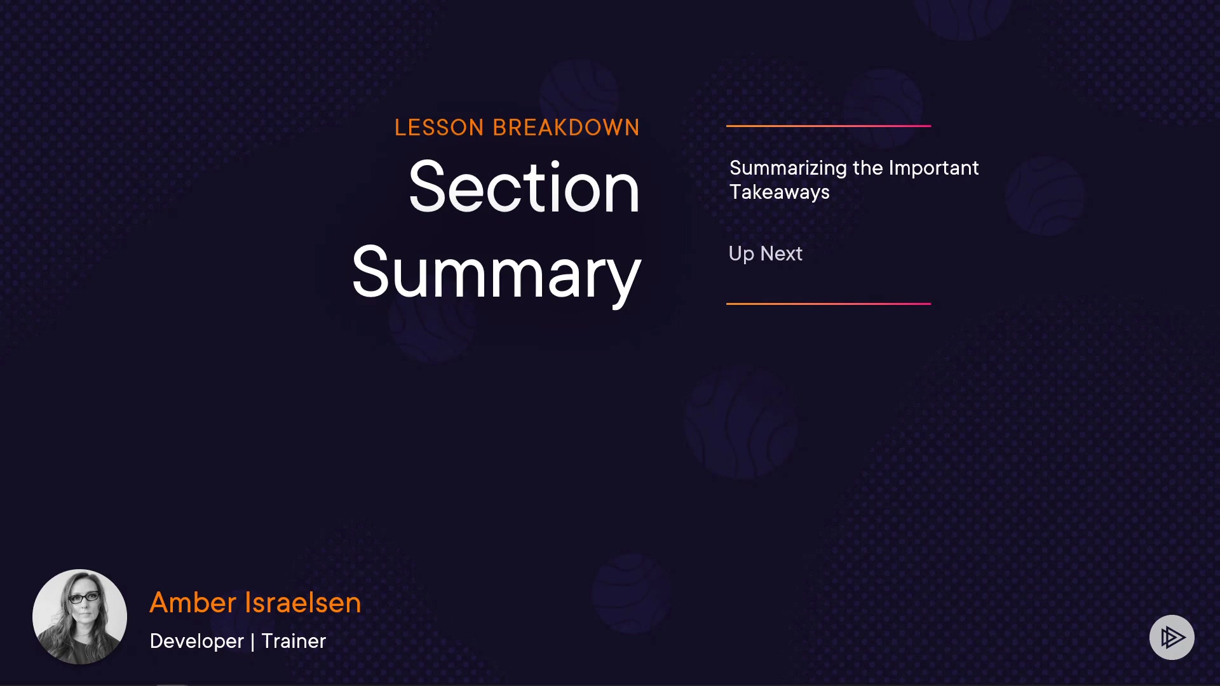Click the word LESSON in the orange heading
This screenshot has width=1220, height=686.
439,128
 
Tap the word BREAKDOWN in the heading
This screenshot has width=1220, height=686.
566,128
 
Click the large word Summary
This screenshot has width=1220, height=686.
496,274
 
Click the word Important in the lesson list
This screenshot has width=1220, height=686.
933,169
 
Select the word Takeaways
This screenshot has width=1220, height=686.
780,192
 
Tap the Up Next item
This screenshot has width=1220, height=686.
765,254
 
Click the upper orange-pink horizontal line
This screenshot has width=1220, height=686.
829,126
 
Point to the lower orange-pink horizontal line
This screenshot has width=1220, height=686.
829,304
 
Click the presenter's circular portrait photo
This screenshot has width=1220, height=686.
79,616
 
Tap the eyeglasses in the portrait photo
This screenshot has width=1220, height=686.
83,598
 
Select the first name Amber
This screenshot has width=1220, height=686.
193,603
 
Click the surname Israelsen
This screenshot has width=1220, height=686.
303,603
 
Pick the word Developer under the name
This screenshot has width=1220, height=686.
197,642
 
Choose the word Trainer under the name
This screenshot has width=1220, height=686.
294,642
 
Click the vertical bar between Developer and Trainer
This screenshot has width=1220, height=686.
253,642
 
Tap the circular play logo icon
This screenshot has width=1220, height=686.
1172,637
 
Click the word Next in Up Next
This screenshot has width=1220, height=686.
782,254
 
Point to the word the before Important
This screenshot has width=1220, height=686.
868,169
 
